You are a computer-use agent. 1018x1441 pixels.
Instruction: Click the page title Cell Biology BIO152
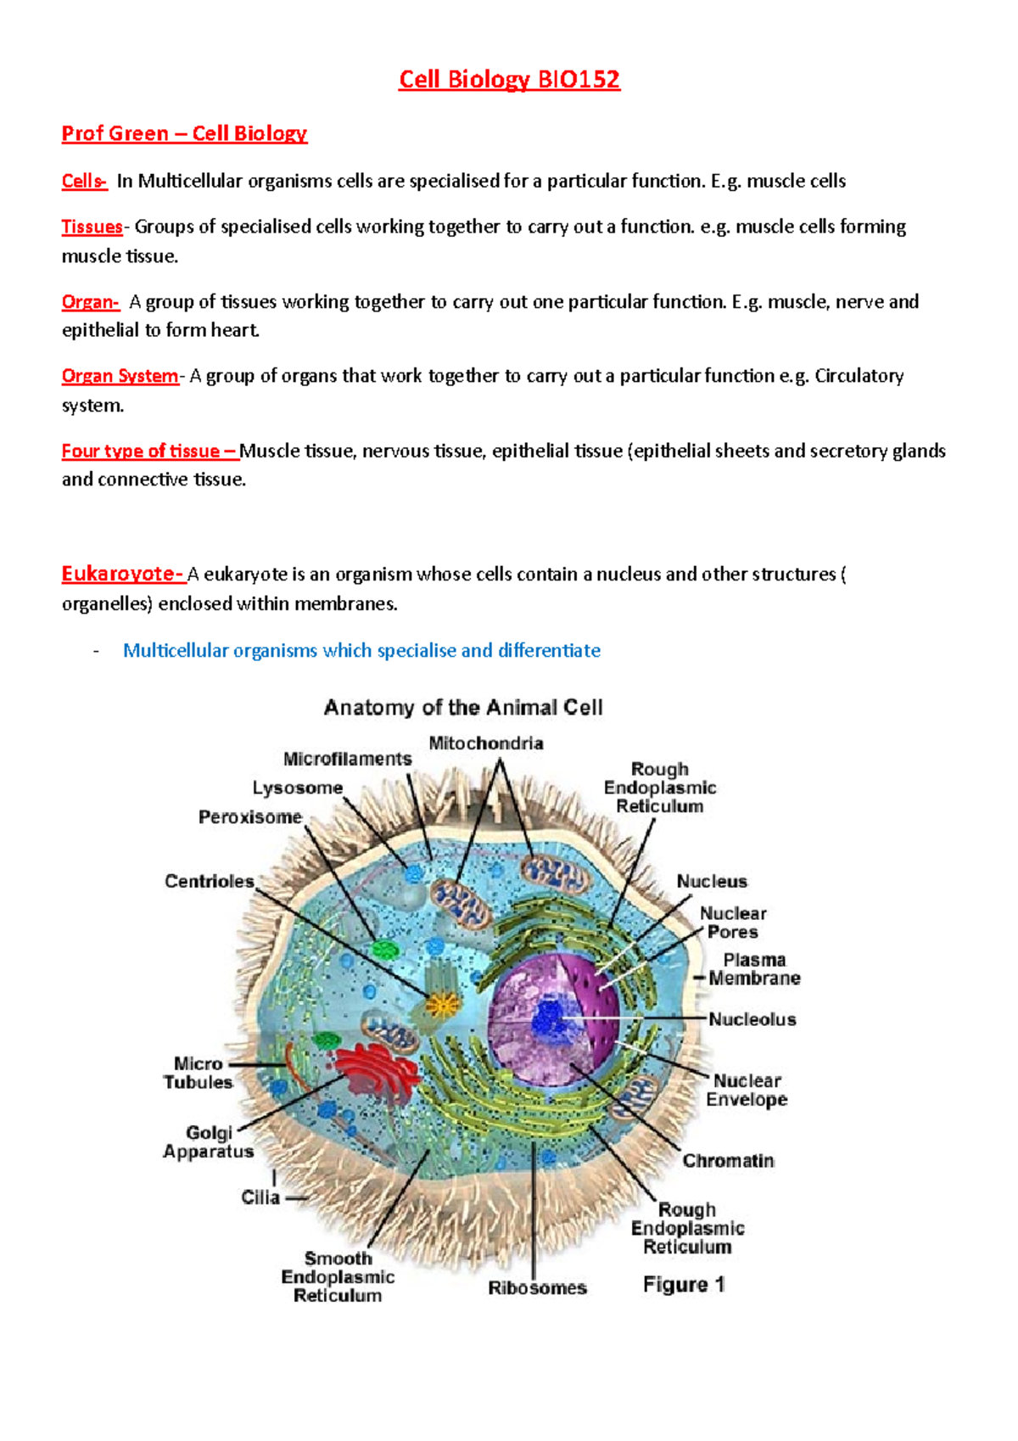pyautogui.click(x=509, y=80)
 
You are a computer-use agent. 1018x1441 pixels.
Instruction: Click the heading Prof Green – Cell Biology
pyautogui.click(x=184, y=133)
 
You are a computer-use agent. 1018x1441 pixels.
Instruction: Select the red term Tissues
pyautogui.click(x=92, y=227)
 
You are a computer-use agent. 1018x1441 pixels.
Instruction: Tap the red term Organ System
pyautogui.click(x=120, y=376)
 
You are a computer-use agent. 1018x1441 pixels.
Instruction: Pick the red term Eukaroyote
pyautogui.click(x=122, y=574)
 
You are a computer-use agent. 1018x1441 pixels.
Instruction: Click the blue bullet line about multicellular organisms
pyautogui.click(x=361, y=650)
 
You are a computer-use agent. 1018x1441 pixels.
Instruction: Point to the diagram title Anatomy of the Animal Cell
pyautogui.click(x=463, y=707)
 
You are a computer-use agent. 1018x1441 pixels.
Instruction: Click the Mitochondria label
pyautogui.click(x=486, y=743)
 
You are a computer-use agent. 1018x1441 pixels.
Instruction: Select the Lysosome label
pyautogui.click(x=297, y=788)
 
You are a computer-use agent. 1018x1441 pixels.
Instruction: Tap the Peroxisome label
pyautogui.click(x=250, y=816)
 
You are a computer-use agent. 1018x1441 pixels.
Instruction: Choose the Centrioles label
pyautogui.click(x=209, y=881)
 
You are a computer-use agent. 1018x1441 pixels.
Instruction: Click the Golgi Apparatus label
pyautogui.click(x=208, y=1142)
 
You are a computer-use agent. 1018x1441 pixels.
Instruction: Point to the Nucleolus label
pyautogui.click(x=752, y=1019)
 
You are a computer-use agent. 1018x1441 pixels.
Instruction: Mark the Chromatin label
pyautogui.click(x=728, y=1160)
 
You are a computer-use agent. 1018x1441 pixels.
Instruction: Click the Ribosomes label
pyautogui.click(x=537, y=1287)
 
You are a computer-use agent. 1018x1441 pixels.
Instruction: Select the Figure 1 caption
pyautogui.click(x=684, y=1284)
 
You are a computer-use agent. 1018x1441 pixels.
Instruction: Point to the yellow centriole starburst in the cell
pyautogui.click(x=442, y=1006)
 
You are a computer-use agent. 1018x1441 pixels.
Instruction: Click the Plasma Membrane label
pyautogui.click(x=754, y=969)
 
